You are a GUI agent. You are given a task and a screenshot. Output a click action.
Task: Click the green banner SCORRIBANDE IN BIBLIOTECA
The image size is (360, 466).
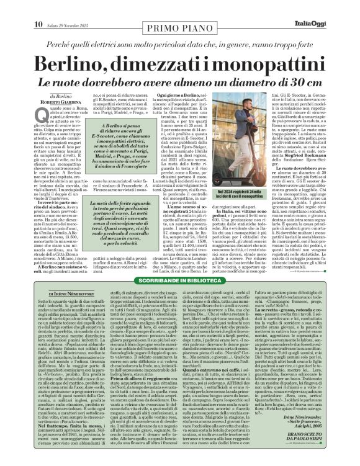coord(179,264)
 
